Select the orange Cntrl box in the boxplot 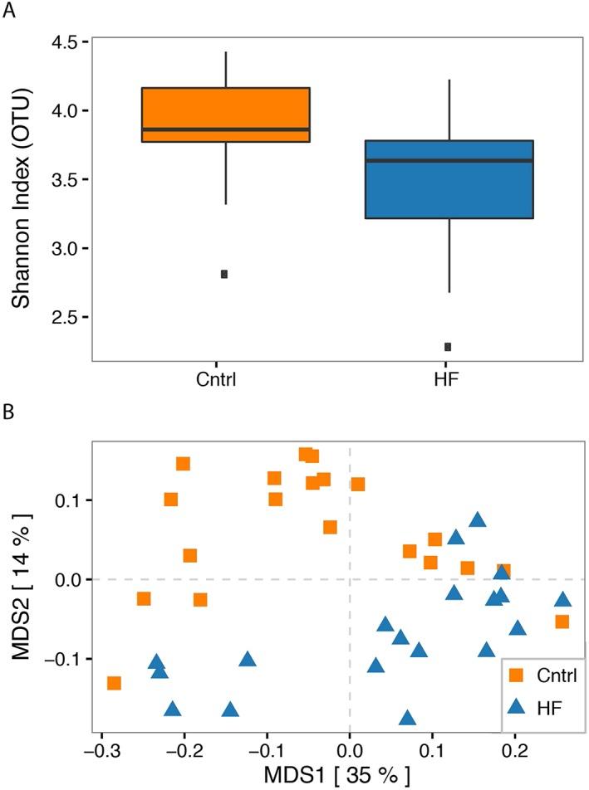click(x=225, y=115)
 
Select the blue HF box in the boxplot click(x=449, y=179)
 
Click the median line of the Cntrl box click(x=225, y=129)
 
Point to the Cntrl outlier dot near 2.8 click(x=224, y=275)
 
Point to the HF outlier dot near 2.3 click(x=448, y=347)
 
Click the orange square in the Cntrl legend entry click(x=515, y=675)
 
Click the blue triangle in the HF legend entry click(x=515, y=706)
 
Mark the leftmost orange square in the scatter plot click(x=114, y=683)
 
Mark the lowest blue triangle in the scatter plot click(x=407, y=718)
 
